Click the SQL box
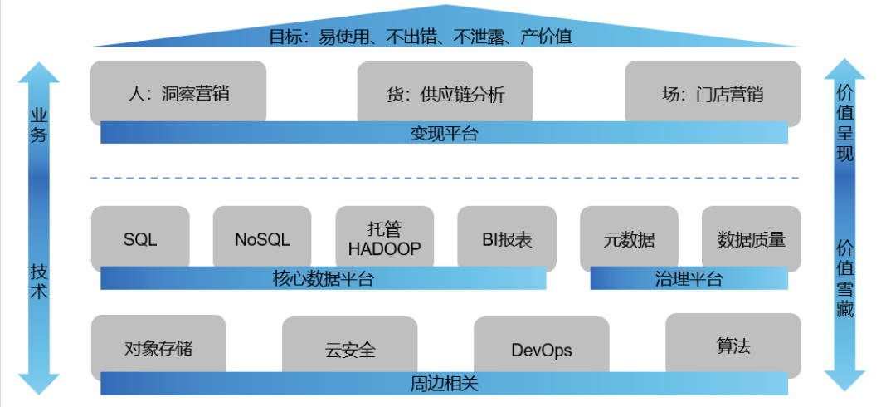(140, 240)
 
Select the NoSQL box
(262, 240)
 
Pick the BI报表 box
(506, 240)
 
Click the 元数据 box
(629, 240)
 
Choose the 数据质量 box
(751, 240)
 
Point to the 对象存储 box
(158, 347)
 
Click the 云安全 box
(350, 350)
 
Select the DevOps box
(541, 350)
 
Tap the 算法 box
(733, 346)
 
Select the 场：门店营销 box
(713, 95)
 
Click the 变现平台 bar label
(444, 133)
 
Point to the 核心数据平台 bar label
(323, 278)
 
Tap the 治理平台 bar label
(689, 278)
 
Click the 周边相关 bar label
(444, 385)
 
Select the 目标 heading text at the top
(444, 37)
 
